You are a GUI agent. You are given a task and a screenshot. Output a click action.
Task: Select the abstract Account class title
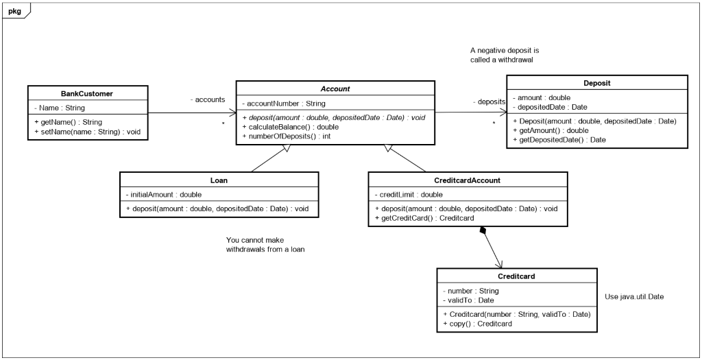click(336, 89)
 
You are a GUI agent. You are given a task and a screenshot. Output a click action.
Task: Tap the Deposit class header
click(597, 84)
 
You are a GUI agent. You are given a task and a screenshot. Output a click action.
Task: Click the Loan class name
click(219, 180)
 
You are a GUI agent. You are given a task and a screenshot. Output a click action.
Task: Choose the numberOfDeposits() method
click(287, 136)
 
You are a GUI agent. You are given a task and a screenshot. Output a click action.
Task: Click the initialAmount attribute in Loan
click(163, 195)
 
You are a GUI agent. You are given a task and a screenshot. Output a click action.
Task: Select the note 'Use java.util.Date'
click(634, 297)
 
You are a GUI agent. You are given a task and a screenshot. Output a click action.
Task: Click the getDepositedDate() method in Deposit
click(559, 140)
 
